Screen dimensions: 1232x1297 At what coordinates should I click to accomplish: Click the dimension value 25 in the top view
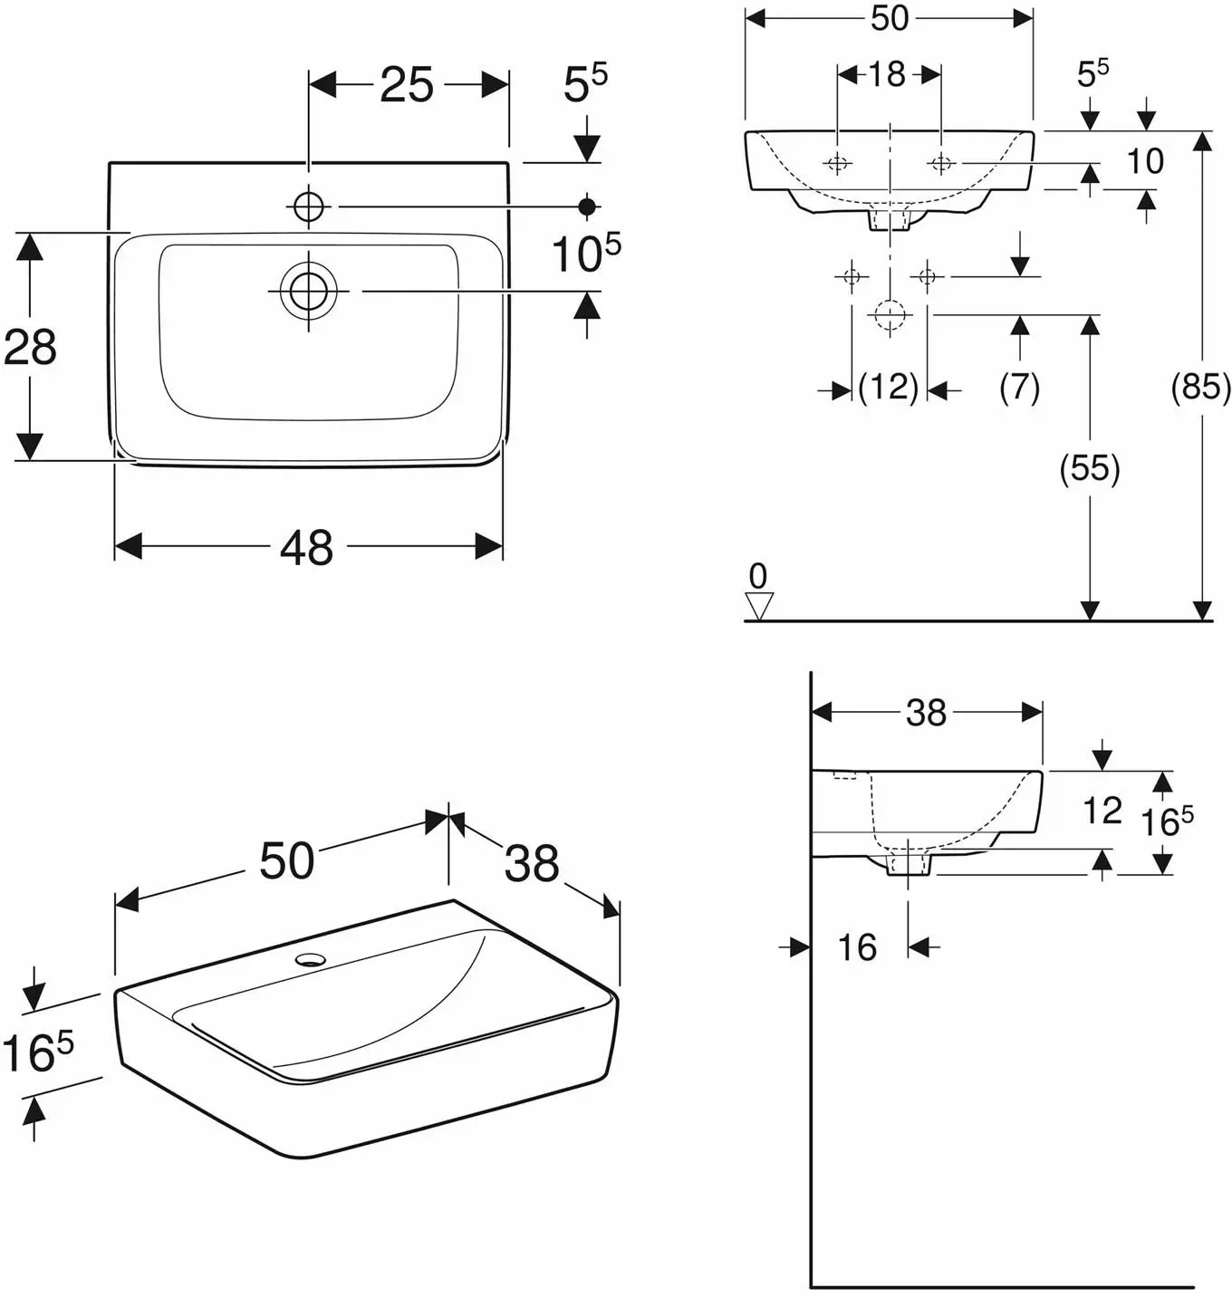(x=407, y=84)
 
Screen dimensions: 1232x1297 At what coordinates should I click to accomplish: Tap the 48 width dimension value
(x=307, y=547)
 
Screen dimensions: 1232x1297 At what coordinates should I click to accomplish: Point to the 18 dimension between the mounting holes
(x=888, y=74)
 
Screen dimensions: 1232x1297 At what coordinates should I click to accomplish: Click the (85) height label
(x=1201, y=387)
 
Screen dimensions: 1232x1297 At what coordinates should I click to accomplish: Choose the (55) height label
(x=1090, y=469)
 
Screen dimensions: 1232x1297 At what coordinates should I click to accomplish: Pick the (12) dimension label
(x=889, y=387)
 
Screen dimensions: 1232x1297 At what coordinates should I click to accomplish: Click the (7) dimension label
(x=1019, y=387)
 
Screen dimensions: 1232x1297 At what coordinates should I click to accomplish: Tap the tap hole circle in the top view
(x=309, y=207)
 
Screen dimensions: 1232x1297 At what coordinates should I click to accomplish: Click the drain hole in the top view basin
(x=308, y=291)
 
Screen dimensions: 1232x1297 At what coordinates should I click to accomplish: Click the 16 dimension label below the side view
(x=857, y=947)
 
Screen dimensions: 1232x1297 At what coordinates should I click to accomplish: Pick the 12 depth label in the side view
(x=1102, y=811)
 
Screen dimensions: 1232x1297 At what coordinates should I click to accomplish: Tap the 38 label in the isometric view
(x=532, y=862)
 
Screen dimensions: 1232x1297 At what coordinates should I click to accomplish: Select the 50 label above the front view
(x=890, y=18)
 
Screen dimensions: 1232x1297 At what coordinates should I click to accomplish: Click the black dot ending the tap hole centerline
(x=587, y=207)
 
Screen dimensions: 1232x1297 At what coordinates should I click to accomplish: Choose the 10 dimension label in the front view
(x=1145, y=161)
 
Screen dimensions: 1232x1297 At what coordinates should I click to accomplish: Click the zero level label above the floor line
(x=758, y=576)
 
